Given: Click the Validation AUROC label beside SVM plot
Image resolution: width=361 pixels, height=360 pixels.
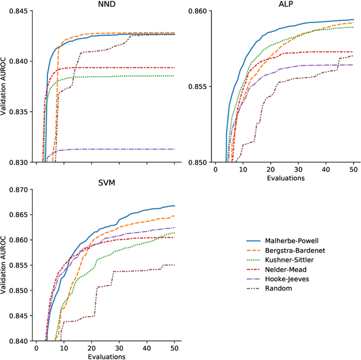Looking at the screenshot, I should [5, 265].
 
